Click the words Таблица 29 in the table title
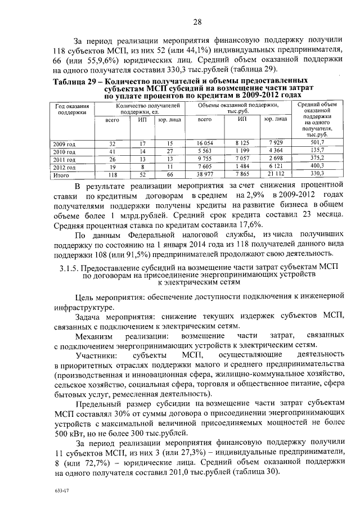click(74, 82)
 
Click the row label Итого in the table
click(61, 175)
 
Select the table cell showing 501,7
click(318, 144)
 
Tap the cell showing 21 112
click(276, 175)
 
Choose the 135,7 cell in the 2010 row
click(318, 152)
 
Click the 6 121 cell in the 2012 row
click(276, 167)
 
